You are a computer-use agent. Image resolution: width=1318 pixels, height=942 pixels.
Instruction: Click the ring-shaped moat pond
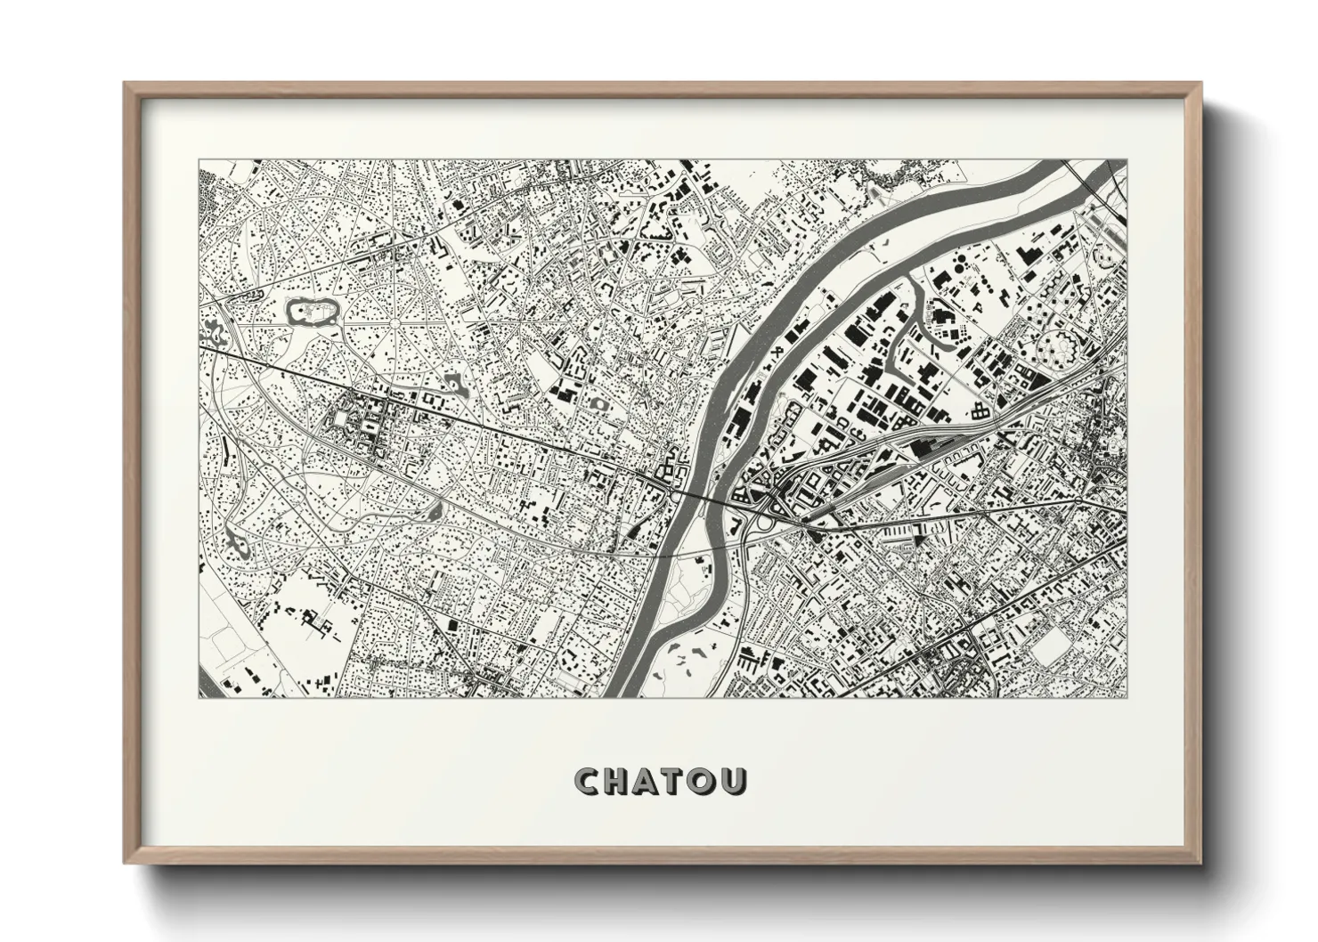point(312,312)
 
